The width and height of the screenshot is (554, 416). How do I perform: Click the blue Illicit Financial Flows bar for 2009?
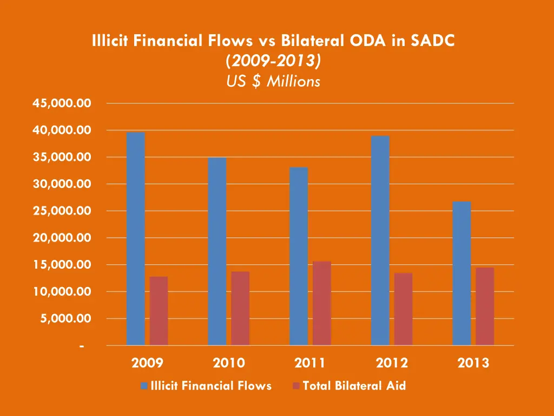(135, 238)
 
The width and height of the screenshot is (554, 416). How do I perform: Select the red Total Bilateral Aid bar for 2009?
(159, 311)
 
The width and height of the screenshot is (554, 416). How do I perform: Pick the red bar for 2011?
(321, 303)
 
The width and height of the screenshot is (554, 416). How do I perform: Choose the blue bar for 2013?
(461, 273)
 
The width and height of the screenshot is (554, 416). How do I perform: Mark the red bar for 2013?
(485, 306)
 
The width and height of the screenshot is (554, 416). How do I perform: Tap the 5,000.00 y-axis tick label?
(67, 318)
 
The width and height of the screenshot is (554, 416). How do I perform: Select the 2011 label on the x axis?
(310, 363)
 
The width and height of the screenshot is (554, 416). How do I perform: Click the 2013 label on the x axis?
(473, 363)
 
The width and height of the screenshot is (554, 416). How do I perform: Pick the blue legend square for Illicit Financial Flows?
(144, 386)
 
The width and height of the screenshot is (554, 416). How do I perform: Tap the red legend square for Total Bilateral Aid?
(296, 386)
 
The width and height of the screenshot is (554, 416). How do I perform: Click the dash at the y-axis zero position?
(81, 346)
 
